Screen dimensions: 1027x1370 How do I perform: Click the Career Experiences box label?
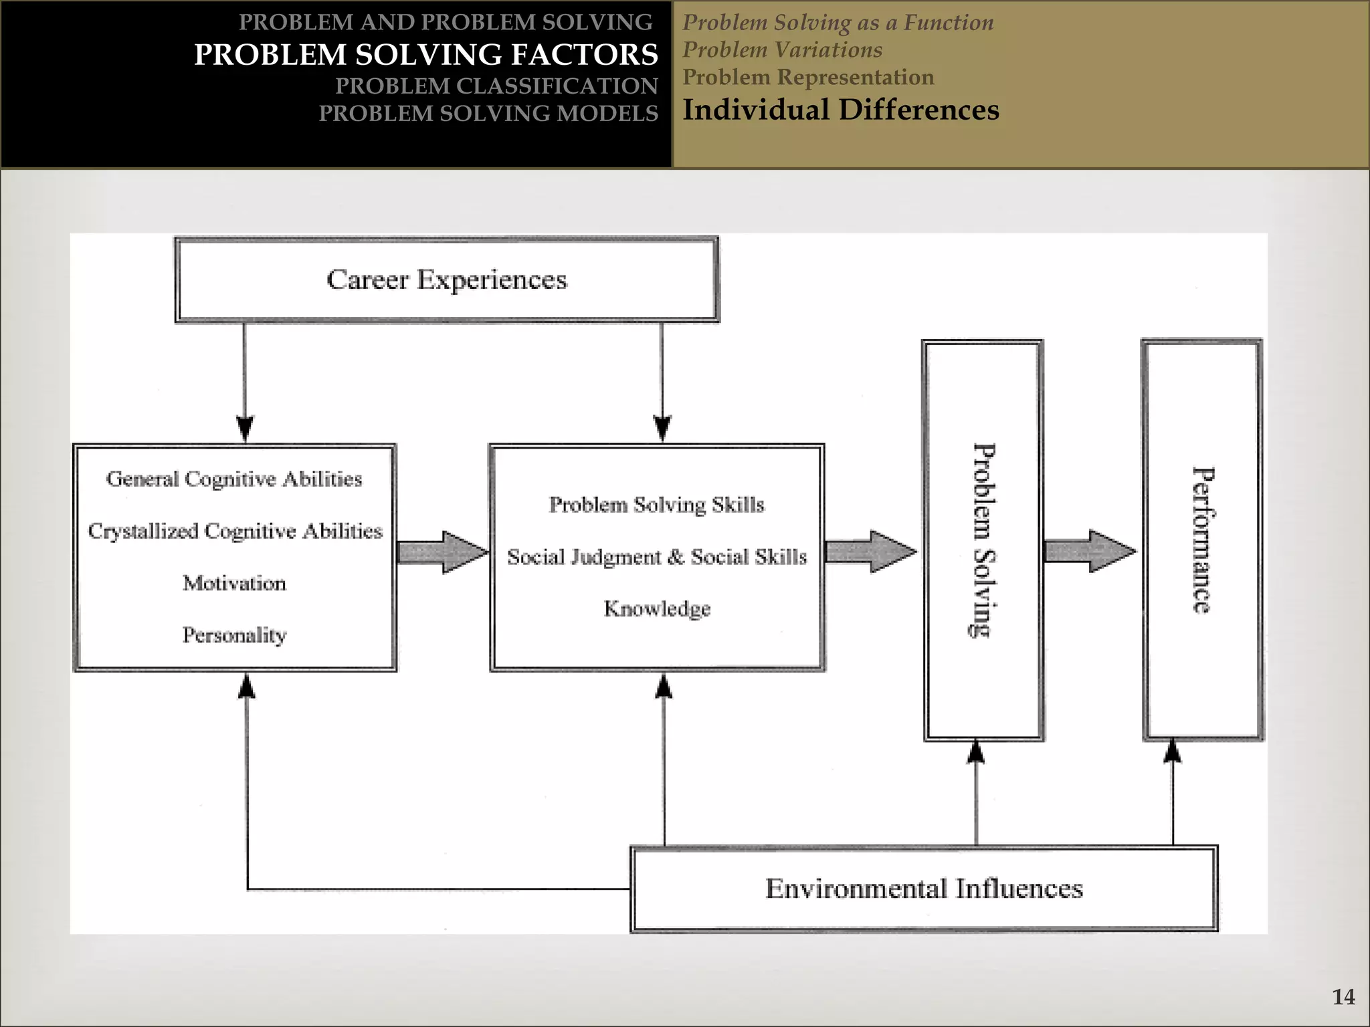pyautogui.click(x=446, y=279)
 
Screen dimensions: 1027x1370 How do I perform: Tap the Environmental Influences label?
pyautogui.click(x=924, y=889)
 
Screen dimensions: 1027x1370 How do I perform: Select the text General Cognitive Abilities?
pyautogui.click(x=234, y=479)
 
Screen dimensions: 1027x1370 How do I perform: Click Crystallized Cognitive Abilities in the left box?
pyautogui.click(x=235, y=531)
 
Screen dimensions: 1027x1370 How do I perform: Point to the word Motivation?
pyautogui.click(x=234, y=583)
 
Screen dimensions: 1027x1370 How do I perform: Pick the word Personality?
pyautogui.click(x=234, y=635)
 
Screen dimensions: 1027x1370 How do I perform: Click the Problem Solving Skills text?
pyautogui.click(x=656, y=505)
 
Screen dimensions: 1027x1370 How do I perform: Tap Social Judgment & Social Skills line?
pyautogui.click(x=656, y=557)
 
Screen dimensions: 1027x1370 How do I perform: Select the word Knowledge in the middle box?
pyautogui.click(x=657, y=608)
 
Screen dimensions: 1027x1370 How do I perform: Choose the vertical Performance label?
pyautogui.click(x=1203, y=540)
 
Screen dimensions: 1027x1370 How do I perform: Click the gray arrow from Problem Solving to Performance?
pyautogui.click(x=1090, y=552)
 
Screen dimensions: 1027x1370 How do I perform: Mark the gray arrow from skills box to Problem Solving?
pyautogui.click(x=870, y=552)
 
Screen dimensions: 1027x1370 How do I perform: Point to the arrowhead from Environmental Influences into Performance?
pyautogui.click(x=1172, y=752)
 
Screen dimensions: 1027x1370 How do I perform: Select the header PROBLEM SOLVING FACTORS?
pyautogui.click(x=426, y=55)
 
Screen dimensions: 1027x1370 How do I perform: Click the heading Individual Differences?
pyautogui.click(x=841, y=110)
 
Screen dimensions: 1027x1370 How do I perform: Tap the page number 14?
pyautogui.click(x=1343, y=997)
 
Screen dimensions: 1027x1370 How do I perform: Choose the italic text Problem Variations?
pyautogui.click(x=782, y=49)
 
